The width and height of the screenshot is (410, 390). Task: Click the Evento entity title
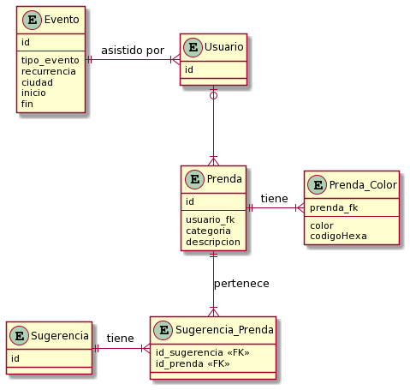pyautogui.click(x=62, y=20)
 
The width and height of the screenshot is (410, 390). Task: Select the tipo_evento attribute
pyautogui.click(x=51, y=61)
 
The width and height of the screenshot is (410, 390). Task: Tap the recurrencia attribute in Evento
pyautogui.click(x=49, y=71)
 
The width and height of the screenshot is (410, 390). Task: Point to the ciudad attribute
pyautogui.click(x=37, y=82)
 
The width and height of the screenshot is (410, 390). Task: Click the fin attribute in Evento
pyautogui.click(x=27, y=104)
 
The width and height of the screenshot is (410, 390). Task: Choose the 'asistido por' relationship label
pyautogui.click(x=133, y=51)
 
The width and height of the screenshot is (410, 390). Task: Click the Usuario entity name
pyautogui.click(x=223, y=47)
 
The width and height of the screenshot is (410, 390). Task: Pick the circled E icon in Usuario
pyautogui.click(x=193, y=47)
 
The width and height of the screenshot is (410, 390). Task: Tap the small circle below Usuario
pyautogui.click(x=213, y=95)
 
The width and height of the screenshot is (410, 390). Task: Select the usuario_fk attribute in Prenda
pyautogui.click(x=211, y=219)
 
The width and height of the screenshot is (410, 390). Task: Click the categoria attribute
pyautogui.click(x=208, y=231)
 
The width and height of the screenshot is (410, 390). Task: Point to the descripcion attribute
pyautogui.click(x=213, y=242)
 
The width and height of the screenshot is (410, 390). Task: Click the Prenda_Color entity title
pyautogui.click(x=363, y=185)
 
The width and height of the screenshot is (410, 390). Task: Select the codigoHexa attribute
pyautogui.click(x=338, y=236)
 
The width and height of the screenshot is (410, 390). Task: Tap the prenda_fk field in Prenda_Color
pyautogui.click(x=334, y=207)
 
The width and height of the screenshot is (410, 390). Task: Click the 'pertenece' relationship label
pyautogui.click(x=241, y=284)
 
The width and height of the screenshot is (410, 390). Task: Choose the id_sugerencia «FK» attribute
pyautogui.click(x=203, y=352)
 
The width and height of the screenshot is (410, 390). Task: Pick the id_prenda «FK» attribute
pyautogui.click(x=193, y=363)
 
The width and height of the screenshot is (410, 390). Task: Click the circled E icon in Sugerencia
pyautogui.click(x=19, y=336)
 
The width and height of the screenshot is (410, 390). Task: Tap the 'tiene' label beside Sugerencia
pyautogui.click(x=121, y=339)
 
